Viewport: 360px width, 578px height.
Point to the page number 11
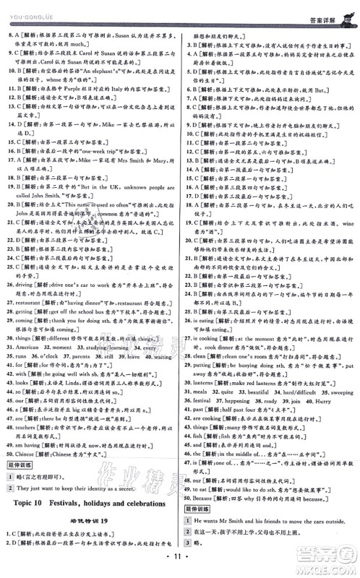click(180, 558)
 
